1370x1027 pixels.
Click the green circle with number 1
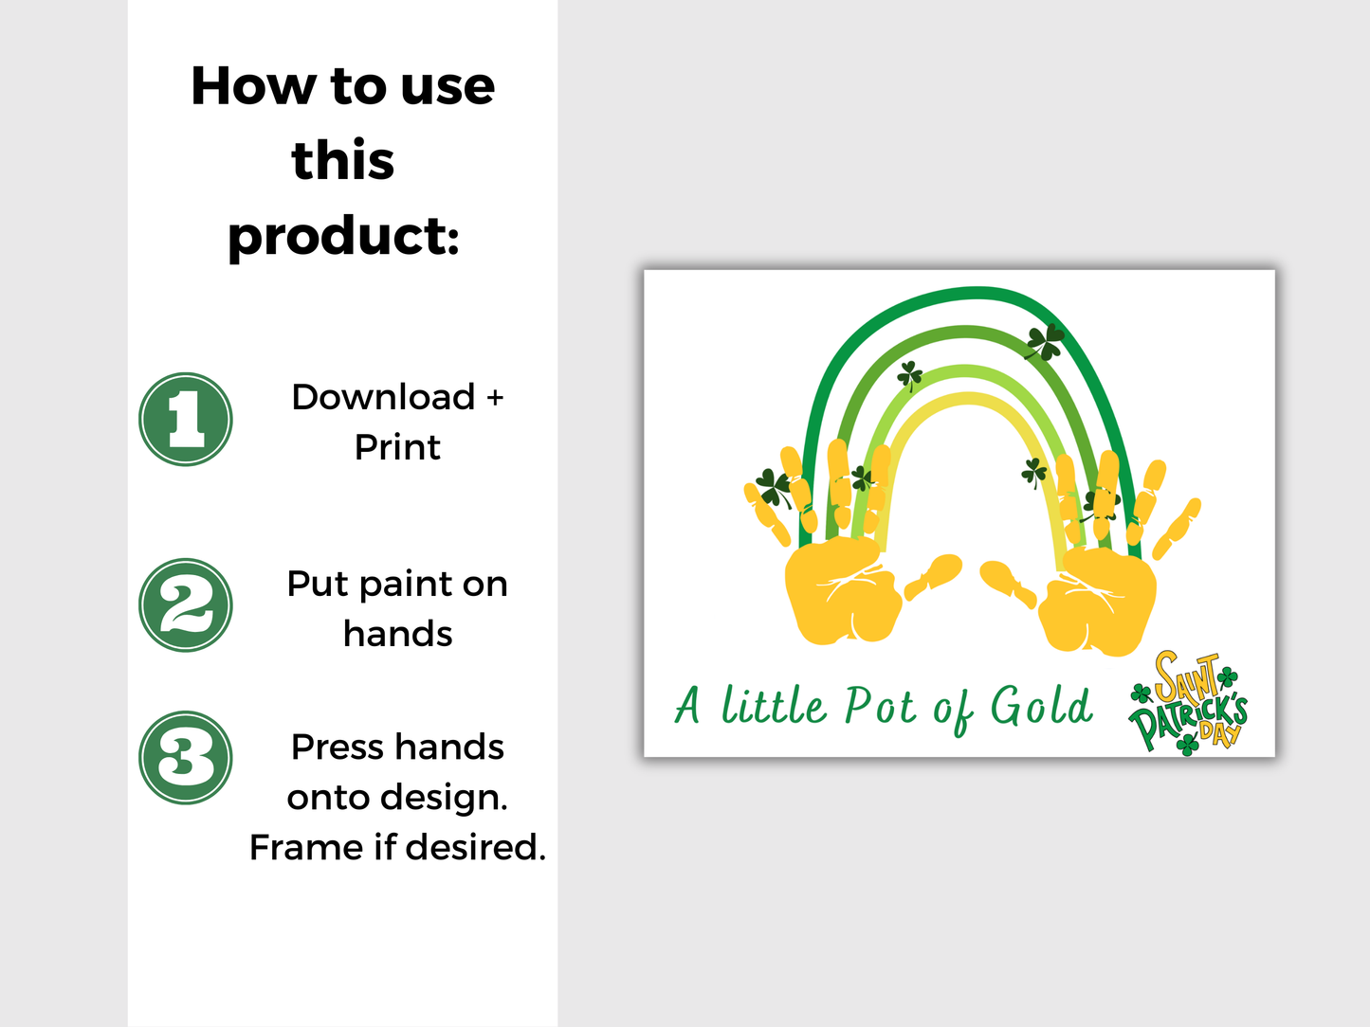coord(186,419)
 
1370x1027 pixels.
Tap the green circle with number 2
coord(186,605)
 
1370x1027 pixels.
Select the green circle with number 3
coord(186,758)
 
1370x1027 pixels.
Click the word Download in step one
coord(383,397)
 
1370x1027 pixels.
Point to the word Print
coord(397,447)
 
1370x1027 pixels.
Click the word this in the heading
coord(343,160)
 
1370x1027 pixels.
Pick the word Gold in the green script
coord(1041,707)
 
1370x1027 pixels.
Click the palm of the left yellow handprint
coord(841,591)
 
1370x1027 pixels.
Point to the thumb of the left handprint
coord(935,575)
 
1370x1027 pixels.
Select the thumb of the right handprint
coord(1007,582)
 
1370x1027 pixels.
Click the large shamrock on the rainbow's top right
coord(1044,342)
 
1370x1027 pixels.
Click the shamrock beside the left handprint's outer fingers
coord(774,487)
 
